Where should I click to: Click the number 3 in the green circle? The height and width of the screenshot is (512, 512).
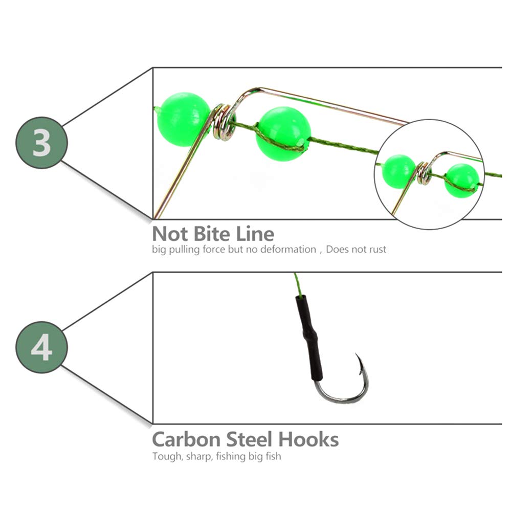41,143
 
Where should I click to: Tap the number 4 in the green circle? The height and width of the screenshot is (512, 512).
41,347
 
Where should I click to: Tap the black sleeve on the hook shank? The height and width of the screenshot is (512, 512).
307,332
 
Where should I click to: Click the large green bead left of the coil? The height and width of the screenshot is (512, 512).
182,119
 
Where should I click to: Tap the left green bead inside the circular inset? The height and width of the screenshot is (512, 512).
398,171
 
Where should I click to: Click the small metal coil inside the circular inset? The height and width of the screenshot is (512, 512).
423,173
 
